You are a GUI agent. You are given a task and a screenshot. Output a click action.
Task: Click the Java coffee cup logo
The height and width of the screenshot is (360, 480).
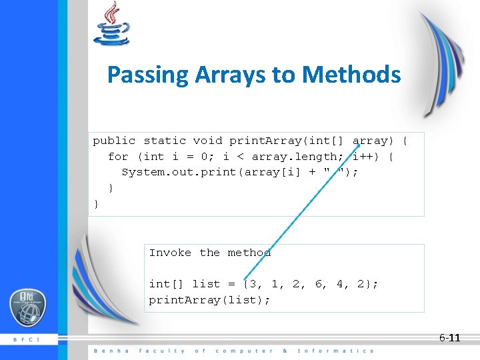click(x=111, y=25)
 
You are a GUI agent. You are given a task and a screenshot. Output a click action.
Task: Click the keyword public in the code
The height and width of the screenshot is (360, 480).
click(x=114, y=141)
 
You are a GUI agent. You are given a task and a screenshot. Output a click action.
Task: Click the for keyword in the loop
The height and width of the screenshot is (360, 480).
click(x=118, y=157)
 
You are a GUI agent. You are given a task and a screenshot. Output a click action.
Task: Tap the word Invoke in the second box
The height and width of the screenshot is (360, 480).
click(x=170, y=253)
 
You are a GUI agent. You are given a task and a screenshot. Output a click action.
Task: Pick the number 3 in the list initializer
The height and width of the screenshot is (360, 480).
click(x=254, y=284)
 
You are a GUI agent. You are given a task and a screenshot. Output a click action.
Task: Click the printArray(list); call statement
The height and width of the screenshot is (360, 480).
click(x=209, y=300)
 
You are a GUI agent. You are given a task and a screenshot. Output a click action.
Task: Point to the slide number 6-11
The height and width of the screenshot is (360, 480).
click(x=449, y=338)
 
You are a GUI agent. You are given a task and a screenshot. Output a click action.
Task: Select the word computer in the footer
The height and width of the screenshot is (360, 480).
click(x=243, y=351)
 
